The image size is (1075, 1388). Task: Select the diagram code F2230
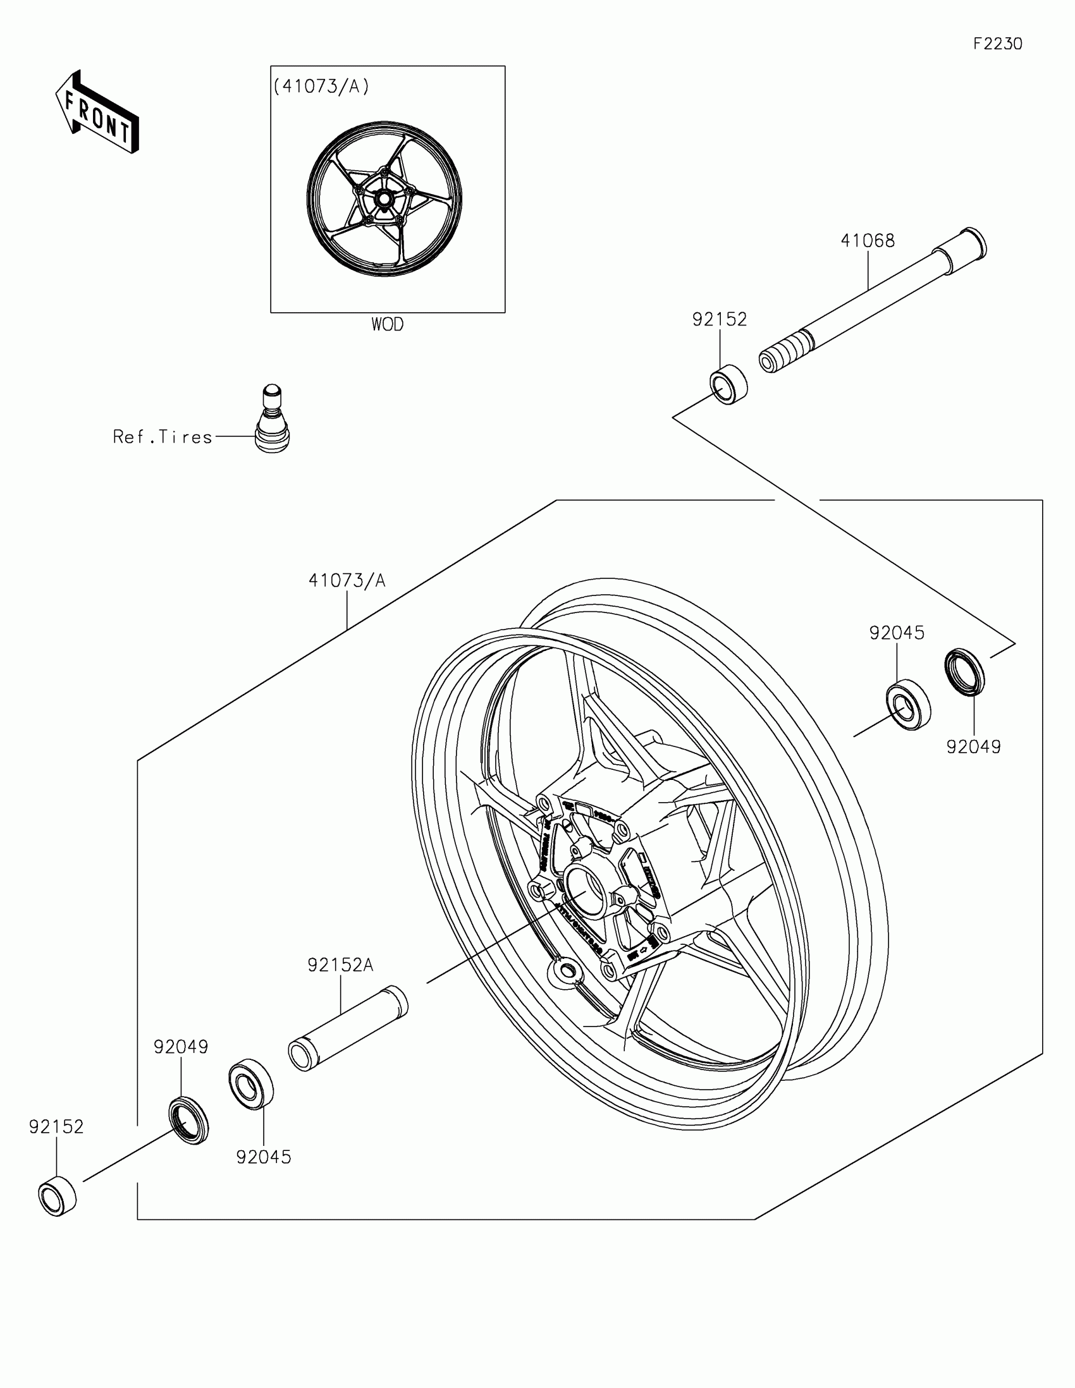point(997,44)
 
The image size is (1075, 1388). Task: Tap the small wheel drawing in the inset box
point(384,199)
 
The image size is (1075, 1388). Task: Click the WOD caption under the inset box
point(387,325)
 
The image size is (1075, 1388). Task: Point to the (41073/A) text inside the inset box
point(321,87)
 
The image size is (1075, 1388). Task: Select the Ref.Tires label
point(163,437)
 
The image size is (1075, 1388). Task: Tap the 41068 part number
point(867,241)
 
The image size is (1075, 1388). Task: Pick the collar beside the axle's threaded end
point(728,384)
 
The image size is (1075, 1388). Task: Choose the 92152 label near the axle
point(720,320)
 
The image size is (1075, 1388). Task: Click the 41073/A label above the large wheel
point(347,580)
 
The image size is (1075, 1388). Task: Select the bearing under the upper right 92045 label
point(909,705)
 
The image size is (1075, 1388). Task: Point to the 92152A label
point(340,965)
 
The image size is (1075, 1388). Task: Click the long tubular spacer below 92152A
point(348,1030)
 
